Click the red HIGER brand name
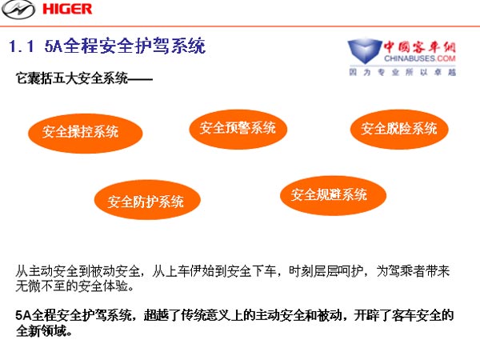coord(67,9)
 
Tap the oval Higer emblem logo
coord(18,10)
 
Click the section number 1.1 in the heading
coord(21,46)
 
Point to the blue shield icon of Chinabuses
coord(364,51)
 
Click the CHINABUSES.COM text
coord(420,58)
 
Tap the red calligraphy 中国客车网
coord(419,47)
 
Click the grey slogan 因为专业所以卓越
coord(402,72)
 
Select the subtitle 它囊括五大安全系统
coord(72,78)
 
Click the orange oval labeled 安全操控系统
coord(86,134)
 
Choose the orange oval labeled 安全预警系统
coord(238,129)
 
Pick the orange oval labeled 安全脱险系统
coord(399,129)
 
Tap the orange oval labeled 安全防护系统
coord(147,199)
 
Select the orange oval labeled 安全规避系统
coord(333,195)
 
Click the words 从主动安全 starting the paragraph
coord(46,271)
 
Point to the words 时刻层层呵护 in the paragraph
coord(326,271)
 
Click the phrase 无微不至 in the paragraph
coord(41,286)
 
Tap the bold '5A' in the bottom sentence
coord(23,315)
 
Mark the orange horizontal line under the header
coord(240,26)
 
